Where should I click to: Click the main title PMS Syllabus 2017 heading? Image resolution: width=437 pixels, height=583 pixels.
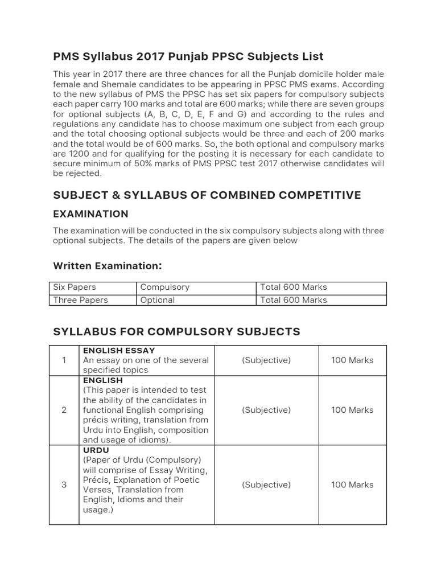click(x=188, y=56)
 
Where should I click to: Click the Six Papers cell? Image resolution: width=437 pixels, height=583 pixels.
click(x=75, y=287)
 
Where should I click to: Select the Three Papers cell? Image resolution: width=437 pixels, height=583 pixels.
click(x=80, y=300)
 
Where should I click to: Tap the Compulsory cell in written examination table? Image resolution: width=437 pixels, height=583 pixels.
click(x=165, y=287)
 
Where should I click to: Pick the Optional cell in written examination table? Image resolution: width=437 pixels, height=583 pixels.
click(x=158, y=300)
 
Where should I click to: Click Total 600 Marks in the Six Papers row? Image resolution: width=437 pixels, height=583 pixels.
click(x=294, y=287)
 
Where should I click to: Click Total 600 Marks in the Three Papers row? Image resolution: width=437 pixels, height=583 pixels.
click(x=294, y=300)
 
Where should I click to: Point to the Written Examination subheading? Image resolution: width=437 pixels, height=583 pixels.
click(x=108, y=266)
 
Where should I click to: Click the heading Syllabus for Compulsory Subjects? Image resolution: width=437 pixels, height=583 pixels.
click(x=176, y=331)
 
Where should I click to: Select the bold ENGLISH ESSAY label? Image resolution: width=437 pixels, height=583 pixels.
click(x=119, y=351)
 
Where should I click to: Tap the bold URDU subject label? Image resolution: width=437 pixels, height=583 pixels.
click(x=96, y=450)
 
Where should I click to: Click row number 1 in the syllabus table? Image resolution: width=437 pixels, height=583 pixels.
click(x=64, y=360)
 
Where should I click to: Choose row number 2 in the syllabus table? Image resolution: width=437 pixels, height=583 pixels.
click(x=64, y=410)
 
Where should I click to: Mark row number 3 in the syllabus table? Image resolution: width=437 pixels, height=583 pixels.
click(x=64, y=485)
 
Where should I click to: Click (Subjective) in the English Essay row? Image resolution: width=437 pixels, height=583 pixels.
click(x=266, y=360)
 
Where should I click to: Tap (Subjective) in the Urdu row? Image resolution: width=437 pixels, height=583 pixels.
click(x=266, y=485)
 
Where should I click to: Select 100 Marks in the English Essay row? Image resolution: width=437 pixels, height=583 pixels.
click(x=352, y=360)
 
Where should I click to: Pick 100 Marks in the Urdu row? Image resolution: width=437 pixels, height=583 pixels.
click(x=352, y=485)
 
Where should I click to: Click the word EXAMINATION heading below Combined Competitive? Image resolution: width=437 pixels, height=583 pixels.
click(x=90, y=214)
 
